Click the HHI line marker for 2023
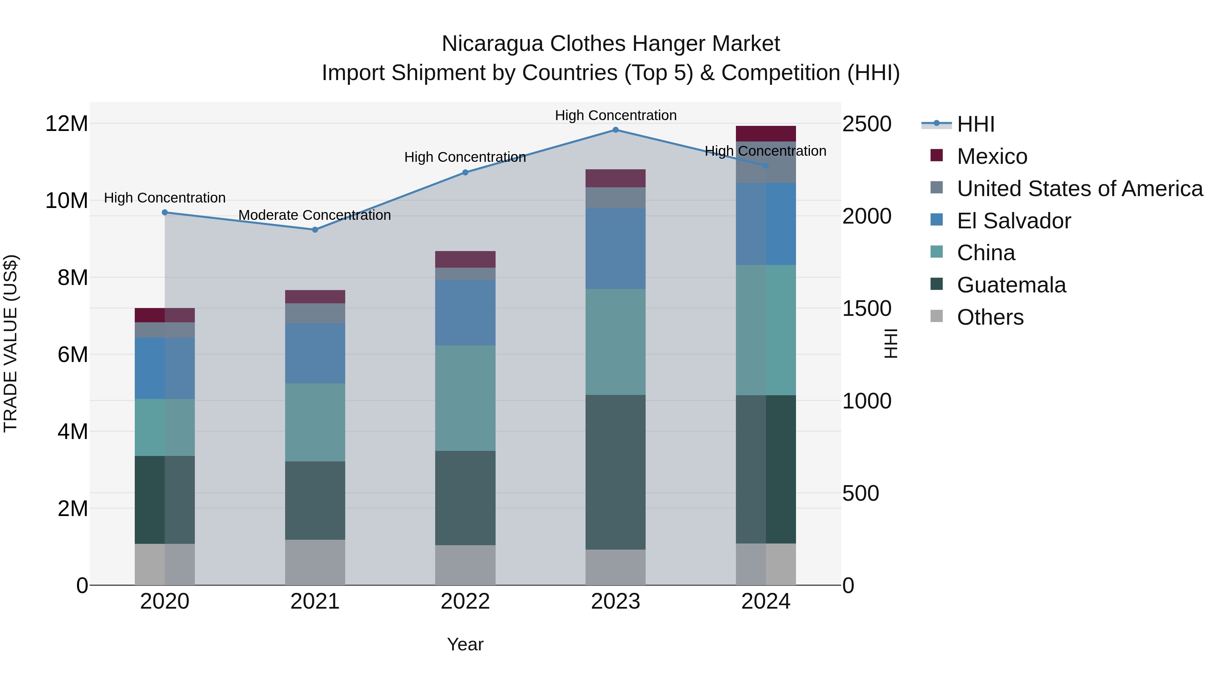615,130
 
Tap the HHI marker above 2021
315,229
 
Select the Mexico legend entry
992,156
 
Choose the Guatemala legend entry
1011,285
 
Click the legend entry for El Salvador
1013,221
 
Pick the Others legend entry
990,317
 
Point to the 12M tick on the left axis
67,124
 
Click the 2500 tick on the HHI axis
867,124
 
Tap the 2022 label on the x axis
465,602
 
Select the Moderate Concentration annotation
315,215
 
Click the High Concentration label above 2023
615,116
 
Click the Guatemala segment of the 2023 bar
615,472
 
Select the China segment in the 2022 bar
465,398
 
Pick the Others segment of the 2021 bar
315,562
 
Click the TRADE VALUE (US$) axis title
11,343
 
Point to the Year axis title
465,644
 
